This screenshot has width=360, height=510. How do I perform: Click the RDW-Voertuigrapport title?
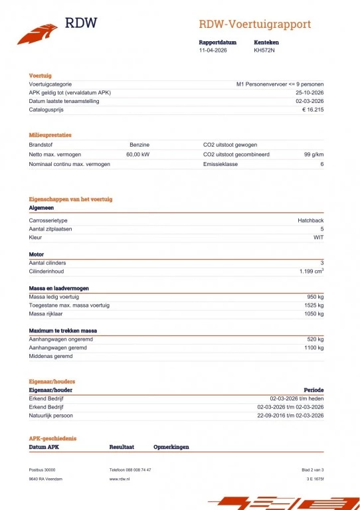[254, 25]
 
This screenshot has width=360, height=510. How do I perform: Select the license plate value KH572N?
[264, 50]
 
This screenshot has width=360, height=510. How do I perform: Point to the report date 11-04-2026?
[213, 50]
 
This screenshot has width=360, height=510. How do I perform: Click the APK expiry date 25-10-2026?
[310, 93]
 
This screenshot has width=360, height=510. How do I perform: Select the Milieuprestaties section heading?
[50, 135]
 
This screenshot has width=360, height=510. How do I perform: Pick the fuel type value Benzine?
[139, 144]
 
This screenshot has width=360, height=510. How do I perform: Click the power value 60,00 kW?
[137, 154]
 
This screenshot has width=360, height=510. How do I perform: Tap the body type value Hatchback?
[310, 220]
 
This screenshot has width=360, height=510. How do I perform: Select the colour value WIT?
[318, 237]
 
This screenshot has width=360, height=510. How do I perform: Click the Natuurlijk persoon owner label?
[51, 416]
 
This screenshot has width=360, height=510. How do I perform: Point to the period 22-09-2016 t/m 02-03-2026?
[290, 416]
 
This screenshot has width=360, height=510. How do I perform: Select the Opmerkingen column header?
[171, 447]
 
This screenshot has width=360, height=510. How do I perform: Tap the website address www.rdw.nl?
[120, 478]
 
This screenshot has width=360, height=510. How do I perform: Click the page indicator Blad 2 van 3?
[312, 469]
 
